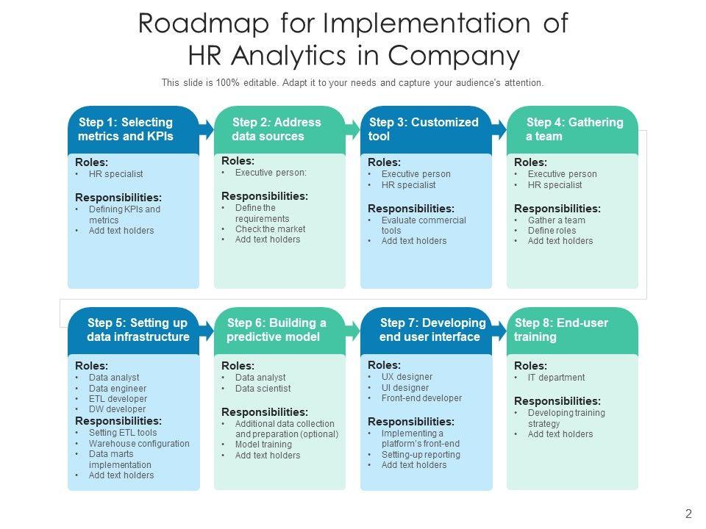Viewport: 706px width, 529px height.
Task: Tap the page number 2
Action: pyautogui.click(x=688, y=514)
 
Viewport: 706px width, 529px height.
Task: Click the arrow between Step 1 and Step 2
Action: pyautogui.click(x=207, y=130)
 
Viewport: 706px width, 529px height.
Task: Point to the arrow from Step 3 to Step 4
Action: pyautogui.click(x=500, y=130)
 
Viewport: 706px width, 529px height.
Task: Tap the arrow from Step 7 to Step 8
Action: pyautogui.click(x=500, y=330)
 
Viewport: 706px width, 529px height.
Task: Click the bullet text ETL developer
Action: pyautogui.click(x=118, y=399)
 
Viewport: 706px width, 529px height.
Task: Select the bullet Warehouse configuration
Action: pyautogui.click(x=139, y=444)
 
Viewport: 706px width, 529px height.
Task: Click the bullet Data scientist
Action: pyautogui.click(x=263, y=389)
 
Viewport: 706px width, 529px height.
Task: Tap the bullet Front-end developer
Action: pyautogui.click(x=421, y=398)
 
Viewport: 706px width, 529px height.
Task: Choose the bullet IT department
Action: pyautogui.click(x=556, y=378)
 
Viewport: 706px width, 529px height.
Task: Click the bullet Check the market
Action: pyautogui.click(x=270, y=229)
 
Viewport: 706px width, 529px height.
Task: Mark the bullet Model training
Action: pyautogui.click(x=263, y=445)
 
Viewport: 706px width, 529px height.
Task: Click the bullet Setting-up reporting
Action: pyautogui.click(x=421, y=455)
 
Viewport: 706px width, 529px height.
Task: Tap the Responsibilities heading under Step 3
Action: pyautogui.click(x=411, y=208)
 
